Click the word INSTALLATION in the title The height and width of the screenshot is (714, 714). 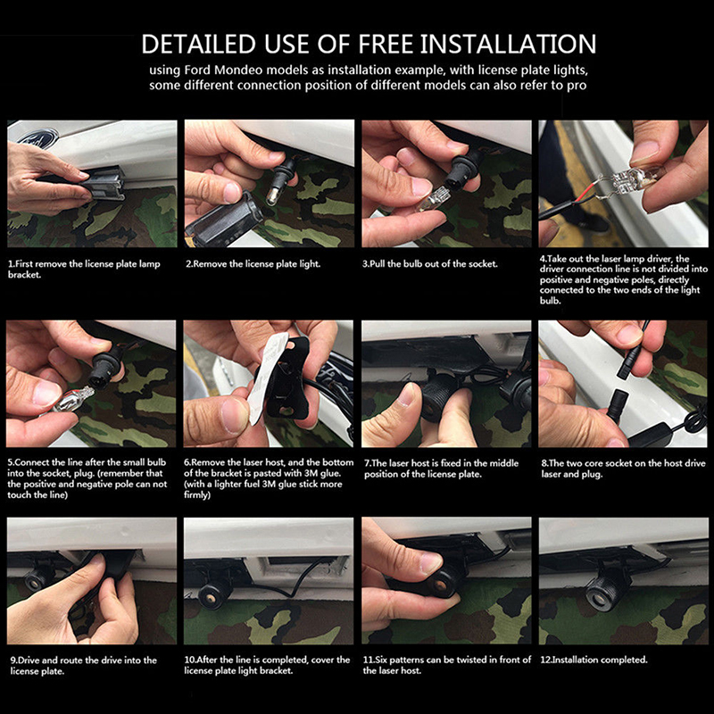[x=508, y=44]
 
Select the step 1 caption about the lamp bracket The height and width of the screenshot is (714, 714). [x=84, y=270]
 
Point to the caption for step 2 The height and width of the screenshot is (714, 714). [x=253, y=263]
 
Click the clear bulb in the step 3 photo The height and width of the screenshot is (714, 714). [x=431, y=200]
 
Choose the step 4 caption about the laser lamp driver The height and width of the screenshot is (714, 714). [x=624, y=279]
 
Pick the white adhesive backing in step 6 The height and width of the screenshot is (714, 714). [x=266, y=378]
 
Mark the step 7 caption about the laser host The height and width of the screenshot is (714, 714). [x=441, y=469]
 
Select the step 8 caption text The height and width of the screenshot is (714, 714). [x=623, y=469]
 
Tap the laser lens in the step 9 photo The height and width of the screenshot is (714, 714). [x=35, y=582]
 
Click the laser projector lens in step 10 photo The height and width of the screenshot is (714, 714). [x=211, y=594]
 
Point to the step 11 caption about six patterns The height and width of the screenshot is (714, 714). [x=447, y=665]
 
